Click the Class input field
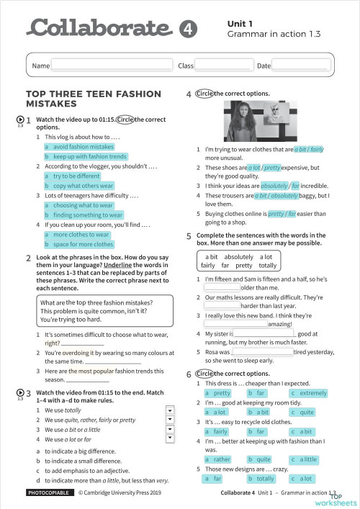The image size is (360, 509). pos(224,66)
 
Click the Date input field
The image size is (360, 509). pos(300,66)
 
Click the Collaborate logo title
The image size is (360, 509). pos(99,28)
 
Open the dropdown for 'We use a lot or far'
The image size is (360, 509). pos(170,438)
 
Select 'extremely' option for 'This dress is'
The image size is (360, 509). pos(310,393)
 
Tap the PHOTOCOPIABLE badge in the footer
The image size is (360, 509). pos(49,493)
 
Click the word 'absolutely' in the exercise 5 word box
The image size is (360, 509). pos(238,256)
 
